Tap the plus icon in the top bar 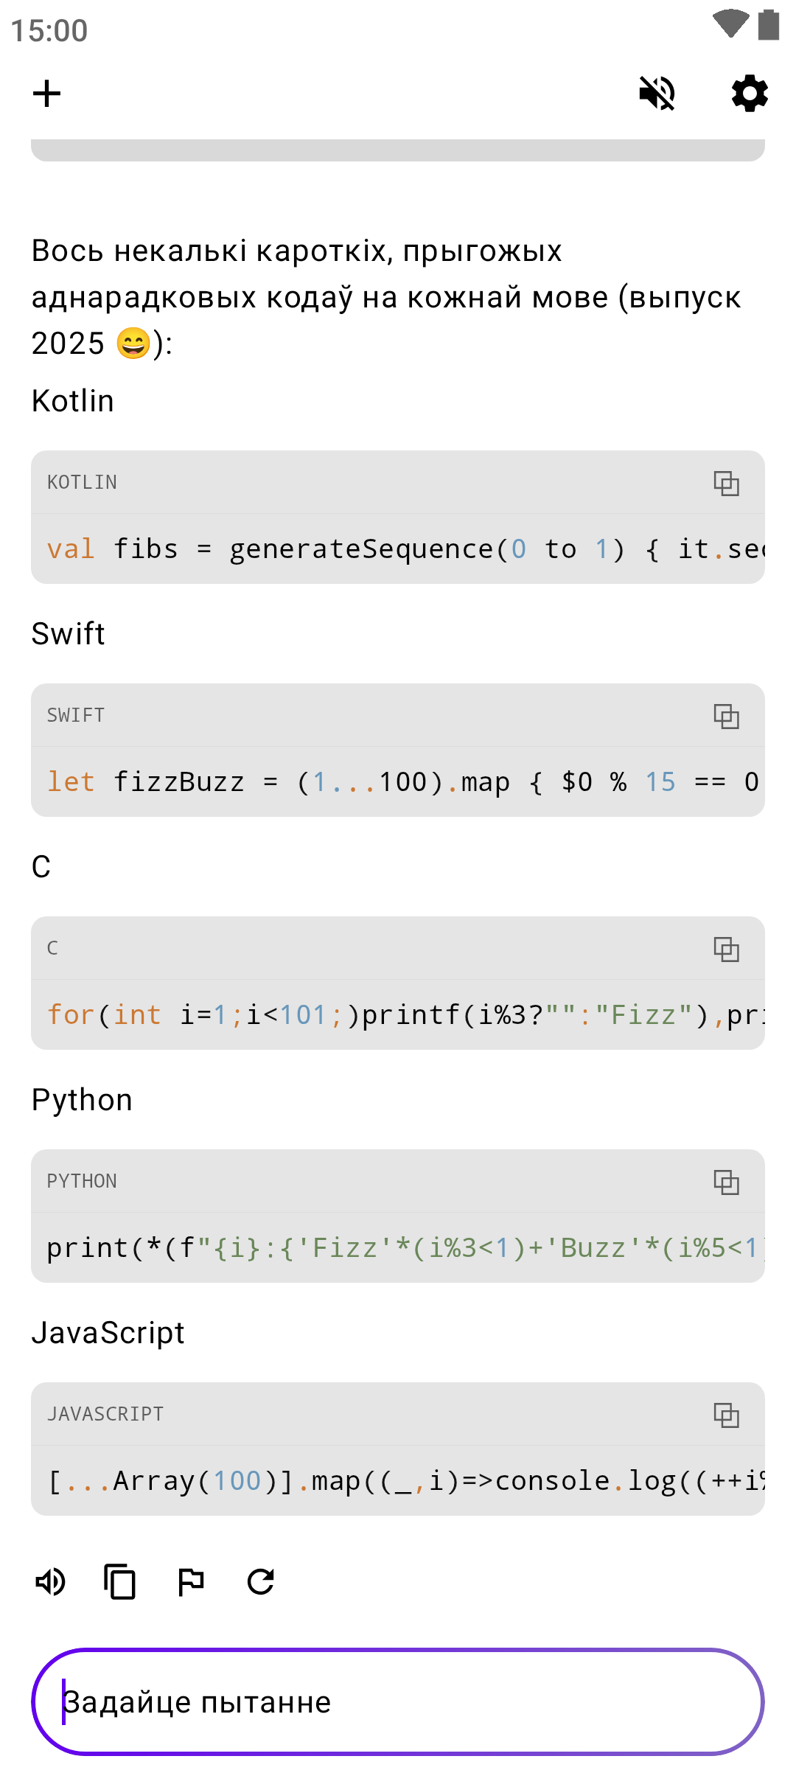pyautogui.click(x=46, y=94)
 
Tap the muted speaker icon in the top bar pyautogui.click(x=657, y=94)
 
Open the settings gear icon pyautogui.click(x=750, y=94)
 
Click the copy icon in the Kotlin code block pyautogui.click(x=726, y=483)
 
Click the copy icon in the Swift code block pyautogui.click(x=726, y=716)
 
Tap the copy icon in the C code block pyautogui.click(x=726, y=949)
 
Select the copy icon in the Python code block pyautogui.click(x=726, y=1182)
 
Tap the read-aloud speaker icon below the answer pyautogui.click(x=51, y=1581)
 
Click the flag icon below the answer pyautogui.click(x=191, y=1581)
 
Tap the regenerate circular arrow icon pyautogui.click(x=261, y=1581)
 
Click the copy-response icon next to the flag pyautogui.click(x=120, y=1581)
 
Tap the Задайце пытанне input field pyautogui.click(x=398, y=1701)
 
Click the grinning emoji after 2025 pyautogui.click(x=133, y=344)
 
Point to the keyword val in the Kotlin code pyautogui.click(x=71, y=549)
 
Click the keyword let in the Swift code pyautogui.click(x=71, y=782)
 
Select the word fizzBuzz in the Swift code pyautogui.click(x=179, y=782)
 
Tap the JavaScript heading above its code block pyautogui.click(x=108, y=1333)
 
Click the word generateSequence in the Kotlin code pyautogui.click(x=361, y=549)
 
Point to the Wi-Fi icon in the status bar pyautogui.click(x=730, y=24)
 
